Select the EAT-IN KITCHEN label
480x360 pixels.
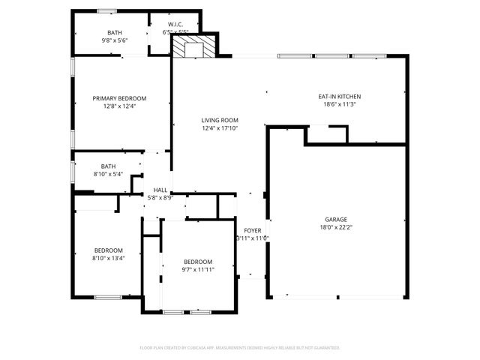[339, 97]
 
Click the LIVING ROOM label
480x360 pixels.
[220, 120]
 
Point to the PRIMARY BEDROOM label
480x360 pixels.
[119, 98]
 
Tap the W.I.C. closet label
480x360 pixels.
[175, 25]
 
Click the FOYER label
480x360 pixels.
[252, 230]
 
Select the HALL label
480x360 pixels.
[160, 190]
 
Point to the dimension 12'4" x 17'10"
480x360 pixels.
[220, 128]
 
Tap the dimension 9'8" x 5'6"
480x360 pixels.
[115, 40]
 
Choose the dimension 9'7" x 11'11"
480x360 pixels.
[198, 269]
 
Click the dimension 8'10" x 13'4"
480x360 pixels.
[109, 258]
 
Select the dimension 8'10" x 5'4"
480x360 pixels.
[109, 174]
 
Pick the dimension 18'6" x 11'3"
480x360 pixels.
[339, 105]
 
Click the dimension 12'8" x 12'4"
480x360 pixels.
[119, 106]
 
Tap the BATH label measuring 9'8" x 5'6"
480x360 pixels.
[115, 32]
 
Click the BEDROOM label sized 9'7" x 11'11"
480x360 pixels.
[198, 261]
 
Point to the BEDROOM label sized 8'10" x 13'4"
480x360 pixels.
[109, 250]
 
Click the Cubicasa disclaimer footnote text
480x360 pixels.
[240, 348]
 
